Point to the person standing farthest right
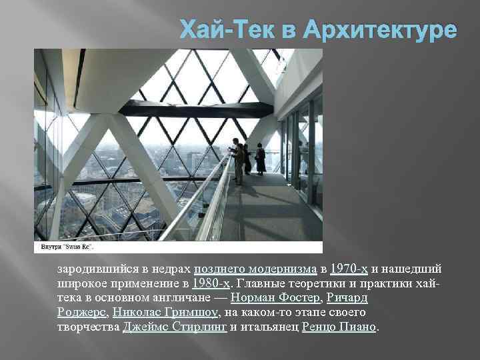[260, 160]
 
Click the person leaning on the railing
[237, 160]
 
